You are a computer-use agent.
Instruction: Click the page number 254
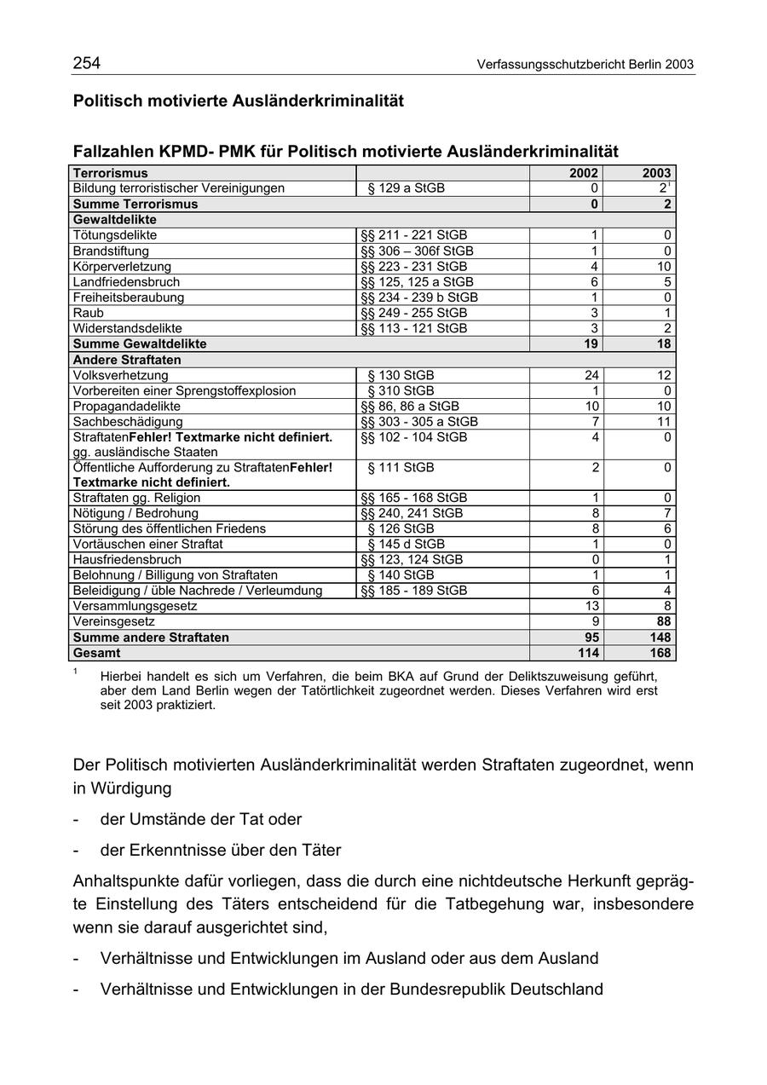tap(87, 63)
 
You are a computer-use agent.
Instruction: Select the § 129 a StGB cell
tap(406, 188)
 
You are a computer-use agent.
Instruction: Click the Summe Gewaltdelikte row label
tap(140, 343)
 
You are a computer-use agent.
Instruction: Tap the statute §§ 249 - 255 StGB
tap(414, 313)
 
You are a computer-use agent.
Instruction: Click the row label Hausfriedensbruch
tap(127, 560)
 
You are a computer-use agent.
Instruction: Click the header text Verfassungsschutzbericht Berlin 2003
tap(585, 65)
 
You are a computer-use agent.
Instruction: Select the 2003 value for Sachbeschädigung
tap(663, 422)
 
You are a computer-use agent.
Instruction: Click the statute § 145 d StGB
tap(406, 544)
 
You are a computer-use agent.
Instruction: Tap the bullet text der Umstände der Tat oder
tap(201, 819)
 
